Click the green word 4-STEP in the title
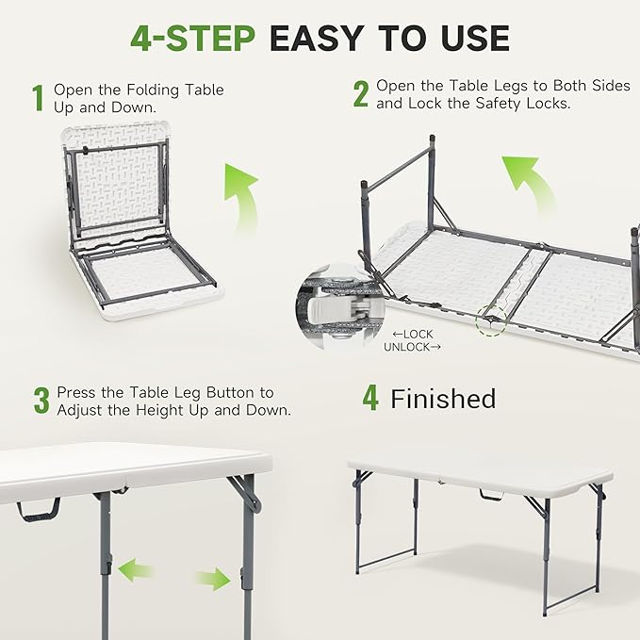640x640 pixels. [192, 38]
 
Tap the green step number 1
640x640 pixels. [38, 98]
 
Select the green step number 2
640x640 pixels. [360, 94]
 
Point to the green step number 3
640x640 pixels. [41, 400]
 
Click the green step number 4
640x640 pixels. [370, 399]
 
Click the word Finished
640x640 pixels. [443, 399]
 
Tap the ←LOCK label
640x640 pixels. [413, 333]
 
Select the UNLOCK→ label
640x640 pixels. [412, 347]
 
